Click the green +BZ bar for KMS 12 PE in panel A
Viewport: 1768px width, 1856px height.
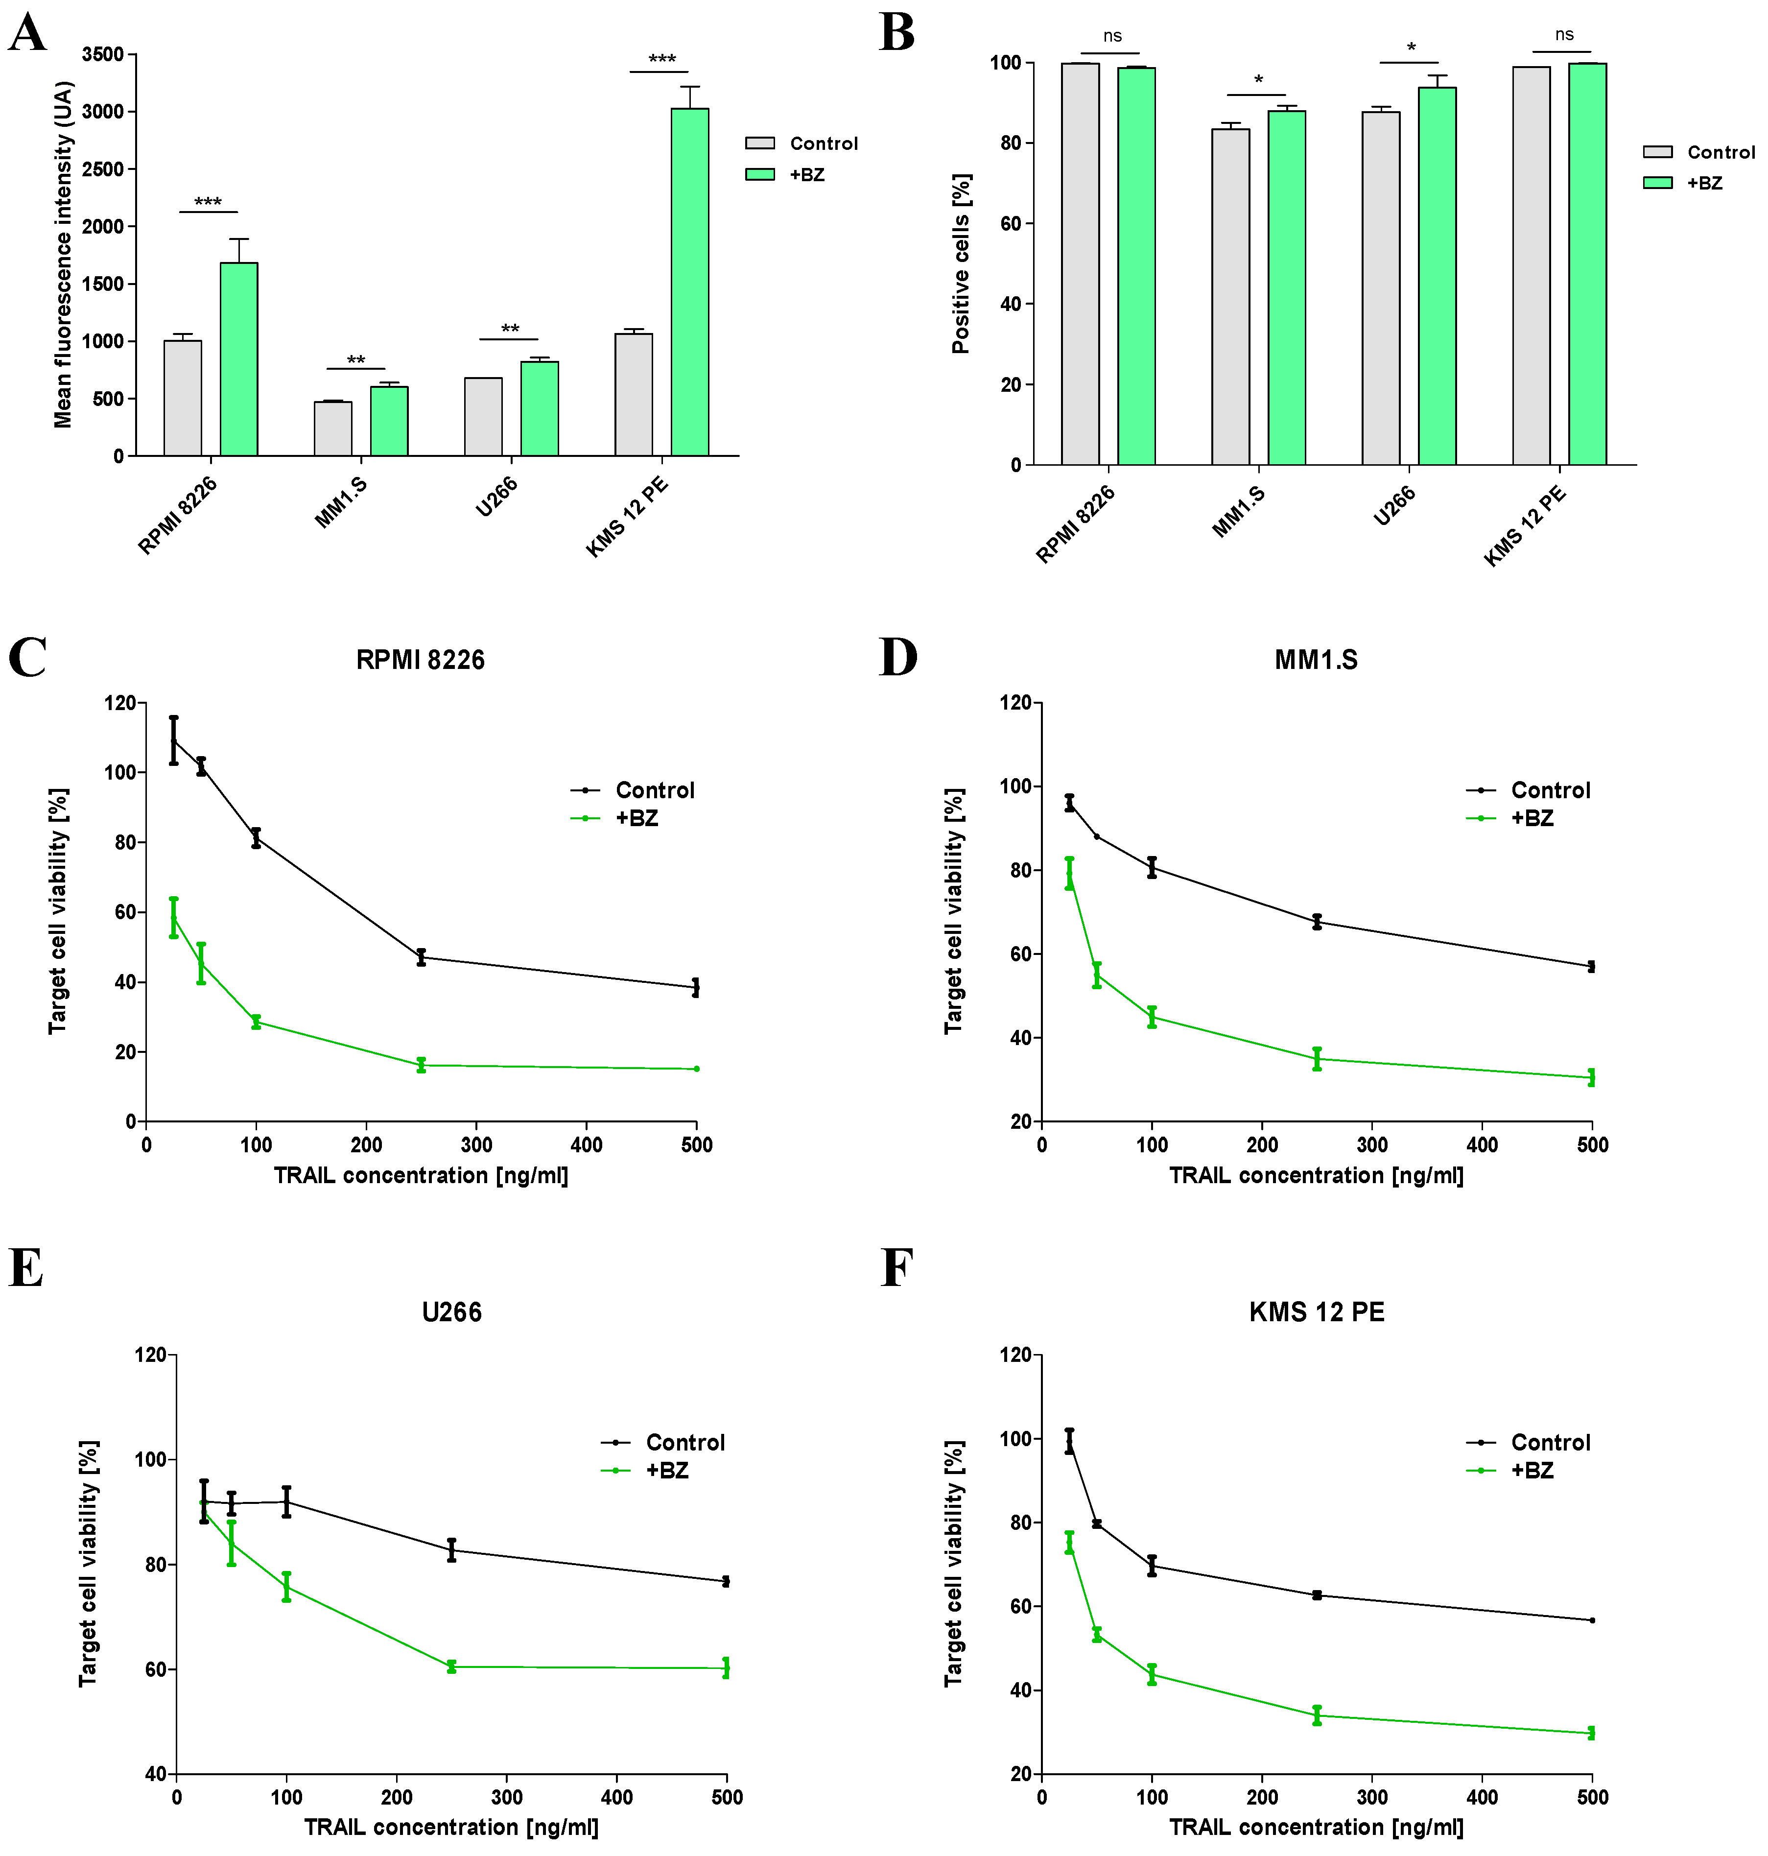pos(690,283)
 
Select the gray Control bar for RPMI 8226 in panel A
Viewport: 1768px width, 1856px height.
pos(183,398)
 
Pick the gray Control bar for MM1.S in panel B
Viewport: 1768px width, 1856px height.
pos(1231,297)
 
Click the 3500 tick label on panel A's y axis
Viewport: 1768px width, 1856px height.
pos(103,55)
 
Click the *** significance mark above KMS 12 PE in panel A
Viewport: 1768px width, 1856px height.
pos(661,59)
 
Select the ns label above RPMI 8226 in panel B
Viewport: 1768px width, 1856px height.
pos(1112,36)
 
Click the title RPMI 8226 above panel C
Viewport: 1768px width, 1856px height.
pos(420,660)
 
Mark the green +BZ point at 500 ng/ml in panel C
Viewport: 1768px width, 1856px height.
pos(696,1069)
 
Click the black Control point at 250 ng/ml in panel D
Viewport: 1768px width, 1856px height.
pos(1317,921)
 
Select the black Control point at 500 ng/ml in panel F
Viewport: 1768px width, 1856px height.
pos(1592,1620)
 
